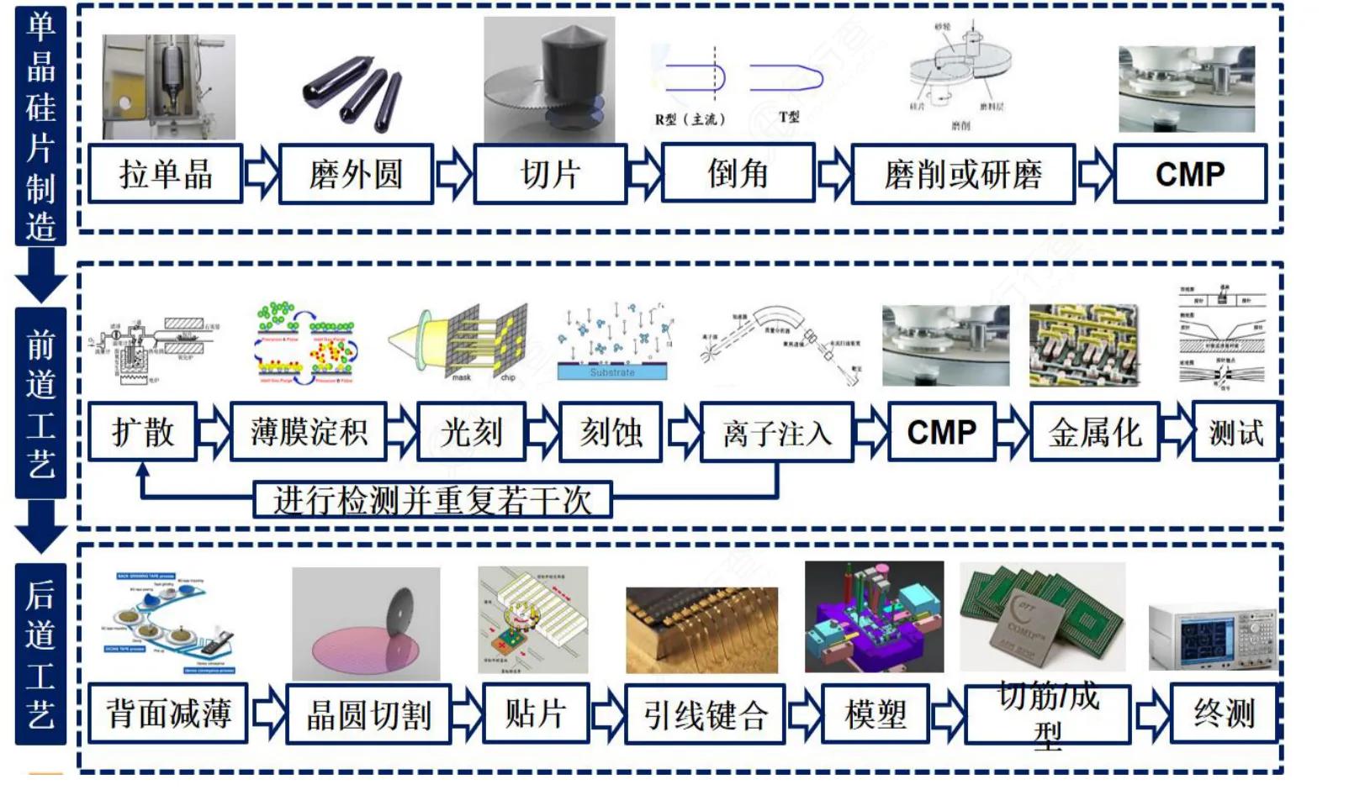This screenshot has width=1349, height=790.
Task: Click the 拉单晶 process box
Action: pos(166,174)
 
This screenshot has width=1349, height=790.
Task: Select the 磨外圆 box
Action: pos(356,174)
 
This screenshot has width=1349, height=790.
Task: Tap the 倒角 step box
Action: pos(738,173)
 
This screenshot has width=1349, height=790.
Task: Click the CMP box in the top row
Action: pos(1190,174)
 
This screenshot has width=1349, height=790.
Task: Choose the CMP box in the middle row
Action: pos(941,432)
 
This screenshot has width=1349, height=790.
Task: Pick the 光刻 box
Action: pos(471,432)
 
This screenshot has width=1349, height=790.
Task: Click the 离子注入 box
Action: pos(776,433)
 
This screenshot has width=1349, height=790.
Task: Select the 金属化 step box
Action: pos(1094,432)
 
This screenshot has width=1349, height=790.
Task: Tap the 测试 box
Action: pos(1235,432)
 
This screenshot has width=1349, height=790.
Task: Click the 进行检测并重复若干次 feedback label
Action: pos(432,500)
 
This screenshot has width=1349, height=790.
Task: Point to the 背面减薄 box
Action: pos(167,714)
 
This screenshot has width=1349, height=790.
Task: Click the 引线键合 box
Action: pos(705,714)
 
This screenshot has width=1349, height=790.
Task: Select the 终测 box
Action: pos(1224,713)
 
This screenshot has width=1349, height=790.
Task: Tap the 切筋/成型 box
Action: pos(1047,714)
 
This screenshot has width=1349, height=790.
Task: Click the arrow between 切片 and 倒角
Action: pos(645,174)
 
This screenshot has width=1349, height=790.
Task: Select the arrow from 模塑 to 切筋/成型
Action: pos(948,714)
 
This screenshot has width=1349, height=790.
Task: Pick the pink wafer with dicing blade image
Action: pos(366,624)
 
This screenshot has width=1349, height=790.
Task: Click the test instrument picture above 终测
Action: pos(1211,636)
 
